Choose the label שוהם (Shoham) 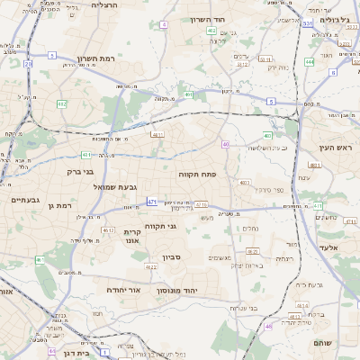pos(323,343)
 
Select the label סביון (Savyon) pos(172,257)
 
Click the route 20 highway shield pos(28,64)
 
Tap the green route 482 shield pos(62,104)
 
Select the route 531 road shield pos(307,23)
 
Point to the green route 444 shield pos(309,62)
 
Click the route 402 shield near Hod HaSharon pos(211,31)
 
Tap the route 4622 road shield pos(108,230)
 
